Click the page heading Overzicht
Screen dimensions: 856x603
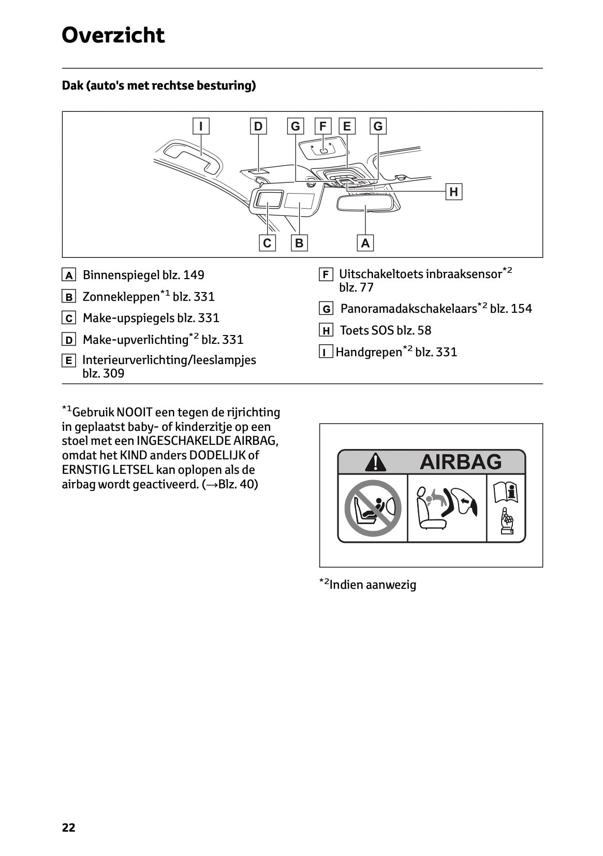[113, 36]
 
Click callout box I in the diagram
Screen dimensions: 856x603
[201, 126]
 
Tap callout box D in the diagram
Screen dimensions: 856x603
[258, 126]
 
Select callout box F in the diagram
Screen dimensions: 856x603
[323, 126]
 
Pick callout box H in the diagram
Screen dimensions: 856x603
[454, 192]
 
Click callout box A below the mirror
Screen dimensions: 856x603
[365, 243]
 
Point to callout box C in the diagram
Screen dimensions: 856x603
[267, 243]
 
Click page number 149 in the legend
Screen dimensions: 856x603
[194, 275]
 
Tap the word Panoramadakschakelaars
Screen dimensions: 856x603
[408, 309]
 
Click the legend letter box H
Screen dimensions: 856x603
[326, 331]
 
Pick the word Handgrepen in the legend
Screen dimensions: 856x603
[369, 353]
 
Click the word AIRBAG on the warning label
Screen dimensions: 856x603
[460, 461]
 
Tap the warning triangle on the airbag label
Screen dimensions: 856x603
[375, 462]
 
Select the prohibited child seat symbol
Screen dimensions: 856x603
[373, 508]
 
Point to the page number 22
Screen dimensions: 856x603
[68, 828]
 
